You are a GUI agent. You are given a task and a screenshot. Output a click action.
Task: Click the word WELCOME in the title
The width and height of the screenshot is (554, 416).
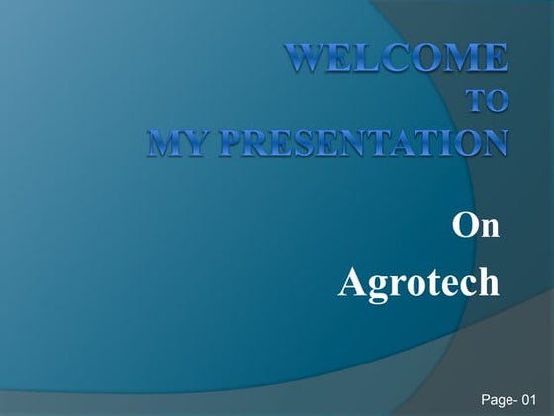398,58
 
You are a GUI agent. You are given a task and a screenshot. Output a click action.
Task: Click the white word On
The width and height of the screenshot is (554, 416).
476,226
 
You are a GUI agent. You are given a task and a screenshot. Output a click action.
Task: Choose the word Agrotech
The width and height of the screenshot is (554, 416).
418,283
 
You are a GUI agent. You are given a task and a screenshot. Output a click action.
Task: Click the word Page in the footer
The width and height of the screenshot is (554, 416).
498,398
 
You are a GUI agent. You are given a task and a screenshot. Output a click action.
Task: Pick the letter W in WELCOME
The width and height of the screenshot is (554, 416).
308,58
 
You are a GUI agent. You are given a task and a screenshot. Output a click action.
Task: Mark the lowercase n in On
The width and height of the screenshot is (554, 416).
489,229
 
